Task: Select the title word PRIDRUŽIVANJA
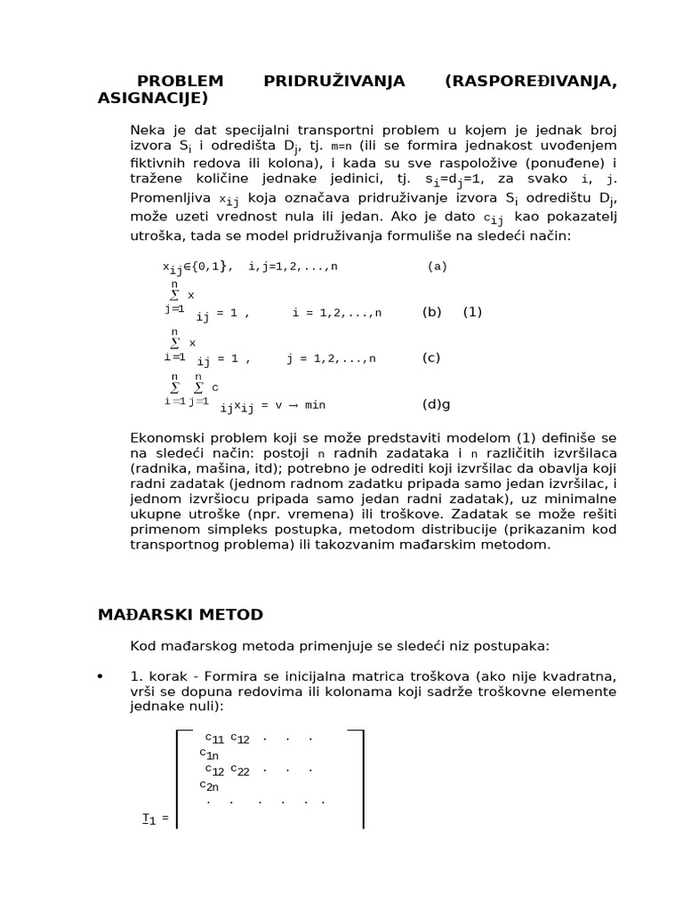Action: point(333,81)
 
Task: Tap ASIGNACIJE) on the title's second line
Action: point(153,97)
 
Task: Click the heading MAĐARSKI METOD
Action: point(180,614)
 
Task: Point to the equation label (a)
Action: point(437,266)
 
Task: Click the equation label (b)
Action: point(431,312)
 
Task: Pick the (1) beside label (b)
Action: point(472,312)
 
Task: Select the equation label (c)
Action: point(431,358)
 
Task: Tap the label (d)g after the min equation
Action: point(436,404)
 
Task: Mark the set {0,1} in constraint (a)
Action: point(213,267)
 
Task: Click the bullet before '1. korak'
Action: point(100,678)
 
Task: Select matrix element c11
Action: point(214,738)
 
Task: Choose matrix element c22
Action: point(240,770)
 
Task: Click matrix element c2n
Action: point(210,786)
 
